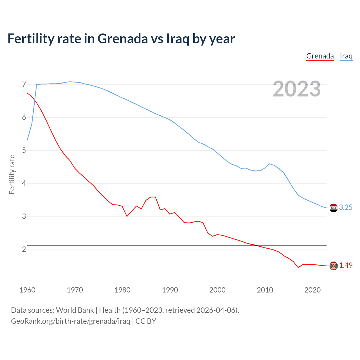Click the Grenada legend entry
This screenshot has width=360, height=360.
click(320, 56)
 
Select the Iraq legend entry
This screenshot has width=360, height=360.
click(346, 56)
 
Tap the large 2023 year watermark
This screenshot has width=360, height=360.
click(297, 89)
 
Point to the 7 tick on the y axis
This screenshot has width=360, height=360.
click(24, 85)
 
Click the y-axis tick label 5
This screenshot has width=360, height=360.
click(24, 150)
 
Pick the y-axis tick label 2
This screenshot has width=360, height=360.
click(24, 249)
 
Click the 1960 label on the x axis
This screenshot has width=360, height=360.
click(27, 290)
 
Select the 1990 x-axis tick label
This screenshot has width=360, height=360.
click(170, 290)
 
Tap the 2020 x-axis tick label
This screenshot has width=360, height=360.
click(312, 290)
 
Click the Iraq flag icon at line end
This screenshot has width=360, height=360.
click(334, 208)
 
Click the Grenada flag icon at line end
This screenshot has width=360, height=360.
click(334, 266)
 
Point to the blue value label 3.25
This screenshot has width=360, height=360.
click(346, 208)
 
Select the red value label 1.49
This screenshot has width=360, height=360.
click(346, 265)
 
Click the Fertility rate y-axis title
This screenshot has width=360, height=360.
click(12, 174)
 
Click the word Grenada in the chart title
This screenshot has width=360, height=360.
click(123, 39)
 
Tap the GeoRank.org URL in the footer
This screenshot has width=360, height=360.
click(70, 321)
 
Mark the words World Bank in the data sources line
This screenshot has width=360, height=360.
click(75, 310)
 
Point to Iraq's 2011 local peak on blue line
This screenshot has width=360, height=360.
click(270, 164)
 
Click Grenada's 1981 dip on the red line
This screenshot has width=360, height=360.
click(127, 216)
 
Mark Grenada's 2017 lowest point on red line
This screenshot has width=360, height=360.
click(298, 267)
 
